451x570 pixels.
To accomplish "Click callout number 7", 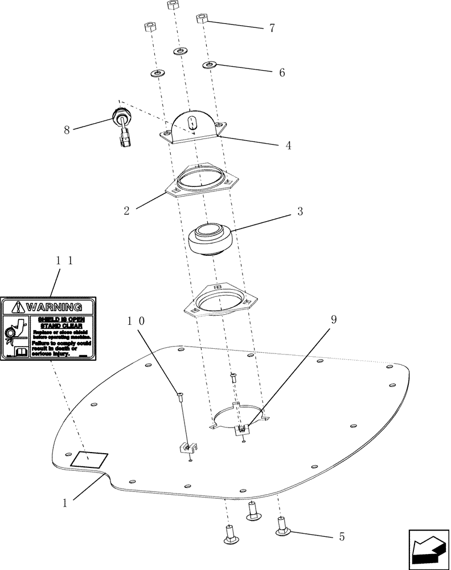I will pyautogui.click(x=272, y=28).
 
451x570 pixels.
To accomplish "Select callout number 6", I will pyautogui.click(x=281, y=73).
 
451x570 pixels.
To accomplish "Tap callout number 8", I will pyautogui.click(x=67, y=130).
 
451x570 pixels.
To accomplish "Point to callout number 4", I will pyautogui.click(x=289, y=145).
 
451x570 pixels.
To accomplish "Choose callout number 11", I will pyautogui.click(x=64, y=260).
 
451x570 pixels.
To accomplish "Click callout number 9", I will pyautogui.click(x=334, y=320).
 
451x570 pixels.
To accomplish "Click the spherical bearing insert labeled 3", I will pyautogui.click(x=211, y=239).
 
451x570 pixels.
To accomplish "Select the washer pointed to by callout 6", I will pyautogui.click(x=209, y=65).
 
